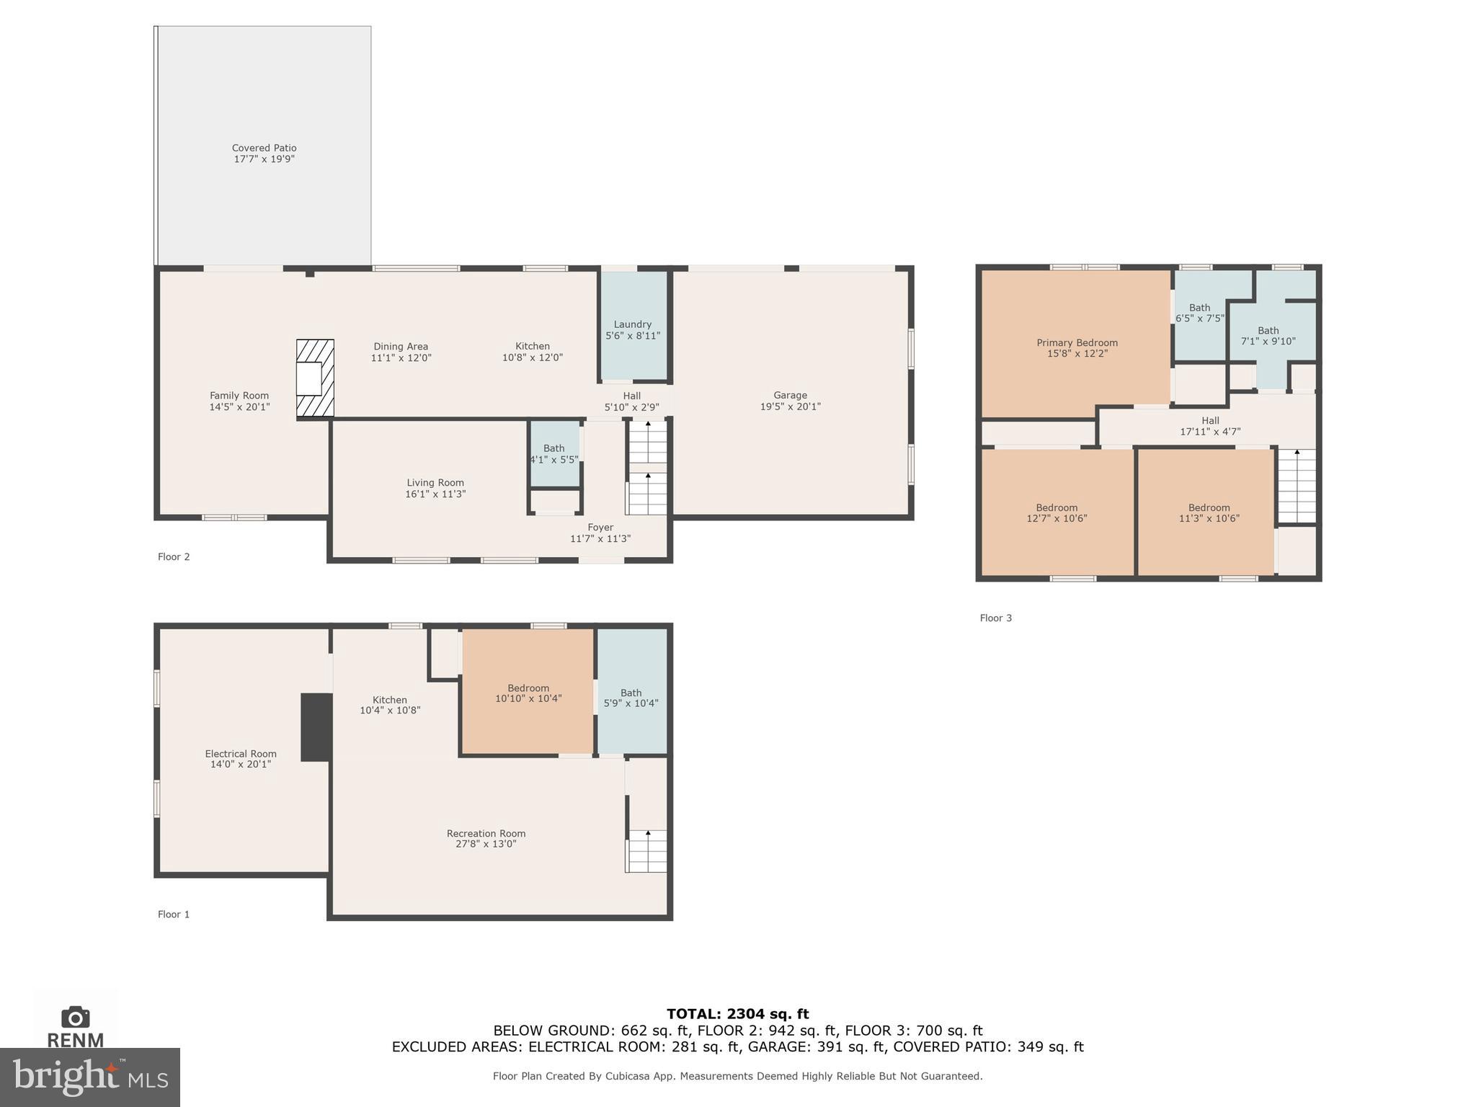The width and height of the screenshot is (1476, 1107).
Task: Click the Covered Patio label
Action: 264,148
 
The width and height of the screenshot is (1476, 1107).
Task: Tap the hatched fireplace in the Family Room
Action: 316,378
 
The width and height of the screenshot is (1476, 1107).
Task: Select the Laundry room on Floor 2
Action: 633,329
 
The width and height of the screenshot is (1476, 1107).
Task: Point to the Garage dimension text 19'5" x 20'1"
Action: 790,406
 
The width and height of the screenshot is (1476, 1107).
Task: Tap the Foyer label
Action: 600,528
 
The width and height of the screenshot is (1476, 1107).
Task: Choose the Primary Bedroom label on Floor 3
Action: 1077,343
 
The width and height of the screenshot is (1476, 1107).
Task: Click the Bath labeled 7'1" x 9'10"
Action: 1268,336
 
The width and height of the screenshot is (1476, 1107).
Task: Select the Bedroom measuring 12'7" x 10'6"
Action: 1057,512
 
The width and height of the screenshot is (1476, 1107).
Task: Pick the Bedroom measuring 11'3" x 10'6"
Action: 1209,512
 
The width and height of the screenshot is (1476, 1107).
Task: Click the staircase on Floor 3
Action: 1297,486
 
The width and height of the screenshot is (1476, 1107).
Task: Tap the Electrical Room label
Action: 241,754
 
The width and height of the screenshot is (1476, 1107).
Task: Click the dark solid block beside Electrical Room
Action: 316,727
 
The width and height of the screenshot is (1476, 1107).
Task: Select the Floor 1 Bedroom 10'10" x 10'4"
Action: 528,693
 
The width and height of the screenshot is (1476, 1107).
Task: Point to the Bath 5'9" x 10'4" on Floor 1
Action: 631,698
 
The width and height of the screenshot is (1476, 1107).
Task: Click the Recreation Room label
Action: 486,834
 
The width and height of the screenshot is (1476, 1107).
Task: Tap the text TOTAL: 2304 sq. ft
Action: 737,1014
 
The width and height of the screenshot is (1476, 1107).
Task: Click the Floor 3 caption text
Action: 995,618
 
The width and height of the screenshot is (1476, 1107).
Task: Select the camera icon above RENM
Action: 75,1017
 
